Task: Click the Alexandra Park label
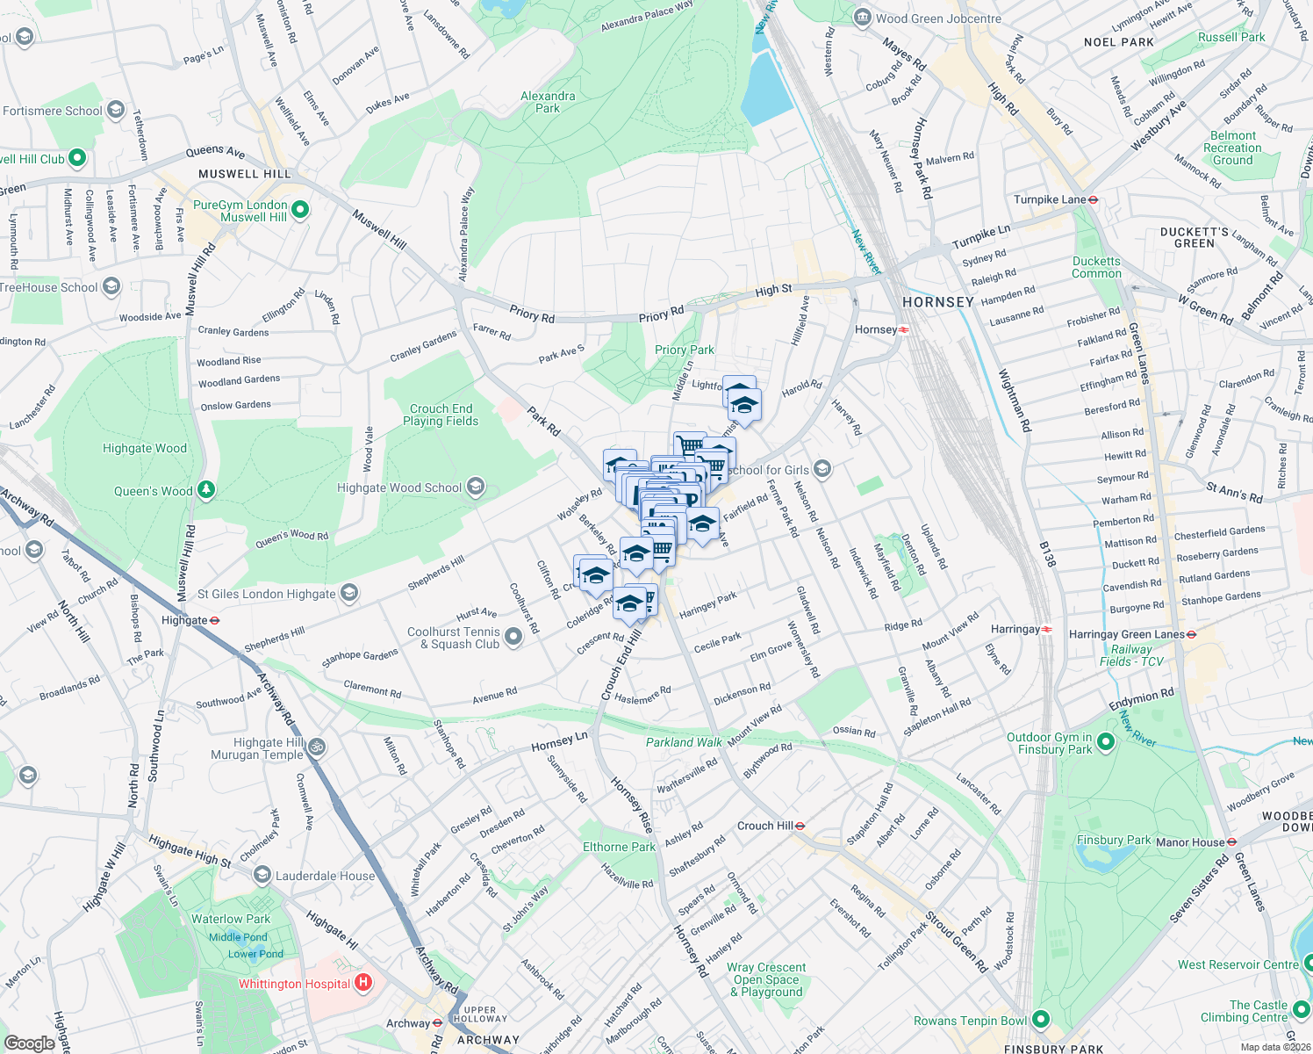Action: point(548,102)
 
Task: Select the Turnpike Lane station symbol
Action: point(1094,199)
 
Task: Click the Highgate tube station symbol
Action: point(215,620)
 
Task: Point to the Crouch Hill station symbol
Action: point(800,826)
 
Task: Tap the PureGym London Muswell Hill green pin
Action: point(300,210)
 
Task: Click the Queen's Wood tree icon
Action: point(206,490)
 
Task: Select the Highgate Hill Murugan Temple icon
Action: point(317,747)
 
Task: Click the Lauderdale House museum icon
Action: point(262,876)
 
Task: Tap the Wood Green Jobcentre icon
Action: point(862,18)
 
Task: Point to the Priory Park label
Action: point(685,350)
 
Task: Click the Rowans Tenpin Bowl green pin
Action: point(1041,1020)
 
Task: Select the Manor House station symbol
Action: point(1231,841)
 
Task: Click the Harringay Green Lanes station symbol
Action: point(1192,634)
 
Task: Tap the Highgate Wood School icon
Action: point(475,487)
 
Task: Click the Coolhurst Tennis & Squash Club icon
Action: point(513,638)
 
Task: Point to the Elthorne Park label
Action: point(619,847)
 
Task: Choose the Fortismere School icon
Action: point(116,111)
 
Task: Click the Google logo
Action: point(30,1043)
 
